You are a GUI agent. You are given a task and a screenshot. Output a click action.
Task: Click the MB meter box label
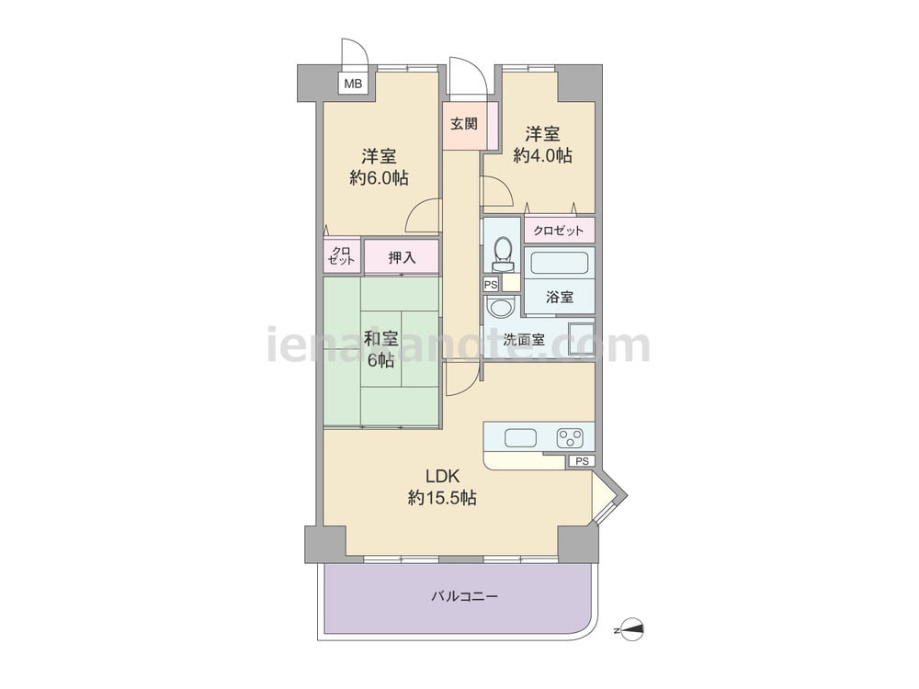coord(353,84)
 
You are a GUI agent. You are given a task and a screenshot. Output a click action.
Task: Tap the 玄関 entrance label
coord(463,124)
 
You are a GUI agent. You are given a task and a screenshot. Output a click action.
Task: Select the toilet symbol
coord(503,254)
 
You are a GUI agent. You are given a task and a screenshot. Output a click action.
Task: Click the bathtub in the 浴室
coord(559,262)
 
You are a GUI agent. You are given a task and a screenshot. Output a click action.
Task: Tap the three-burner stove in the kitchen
coord(571,437)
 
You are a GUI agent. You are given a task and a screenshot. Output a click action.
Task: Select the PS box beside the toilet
coord(491,285)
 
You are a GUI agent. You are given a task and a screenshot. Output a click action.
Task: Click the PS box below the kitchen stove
coord(582,461)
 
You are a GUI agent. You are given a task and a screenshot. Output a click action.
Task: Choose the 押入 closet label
coord(402,257)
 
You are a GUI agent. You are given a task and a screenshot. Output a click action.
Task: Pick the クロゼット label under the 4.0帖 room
coord(559,231)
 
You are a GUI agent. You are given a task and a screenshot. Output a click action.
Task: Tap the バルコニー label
coord(465,596)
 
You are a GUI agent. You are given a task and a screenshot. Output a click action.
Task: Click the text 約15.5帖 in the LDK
coord(443,498)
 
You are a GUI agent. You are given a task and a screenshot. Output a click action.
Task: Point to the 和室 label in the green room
coord(381,339)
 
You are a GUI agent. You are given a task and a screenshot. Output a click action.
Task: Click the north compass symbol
coord(632,630)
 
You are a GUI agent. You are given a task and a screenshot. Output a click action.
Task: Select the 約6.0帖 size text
coord(380,177)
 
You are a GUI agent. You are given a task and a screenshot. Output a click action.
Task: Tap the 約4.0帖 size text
coord(543,155)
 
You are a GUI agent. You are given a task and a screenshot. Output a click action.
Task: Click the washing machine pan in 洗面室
coord(582,339)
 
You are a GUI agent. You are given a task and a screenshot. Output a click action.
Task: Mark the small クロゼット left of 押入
coord(341,256)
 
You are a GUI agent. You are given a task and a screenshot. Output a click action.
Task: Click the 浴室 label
coord(559,297)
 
